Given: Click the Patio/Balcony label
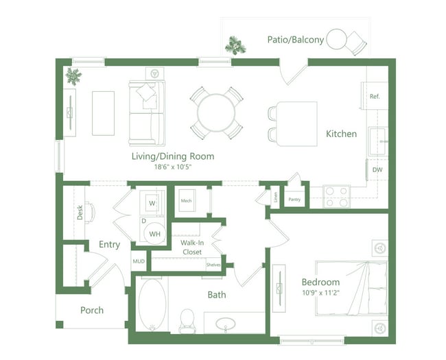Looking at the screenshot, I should coord(295,40).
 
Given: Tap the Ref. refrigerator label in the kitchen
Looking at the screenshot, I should coord(375,97).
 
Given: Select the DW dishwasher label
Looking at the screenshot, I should coord(377,169).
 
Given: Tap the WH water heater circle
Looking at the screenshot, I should coord(154,234).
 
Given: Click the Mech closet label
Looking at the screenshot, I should coord(185,201).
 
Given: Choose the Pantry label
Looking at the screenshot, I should coord(294,200).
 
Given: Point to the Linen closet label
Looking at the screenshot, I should coord(275,197).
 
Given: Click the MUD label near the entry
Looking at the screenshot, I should coord(139,261).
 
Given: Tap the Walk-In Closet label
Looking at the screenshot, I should coord(191,248).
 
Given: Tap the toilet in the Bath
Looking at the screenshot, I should coord(187,320).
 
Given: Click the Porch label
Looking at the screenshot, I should coord(92,310).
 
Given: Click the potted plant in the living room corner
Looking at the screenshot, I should coord(73,75).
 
